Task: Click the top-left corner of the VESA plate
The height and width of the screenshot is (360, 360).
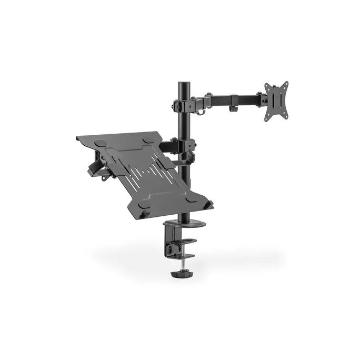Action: click(267, 84)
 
